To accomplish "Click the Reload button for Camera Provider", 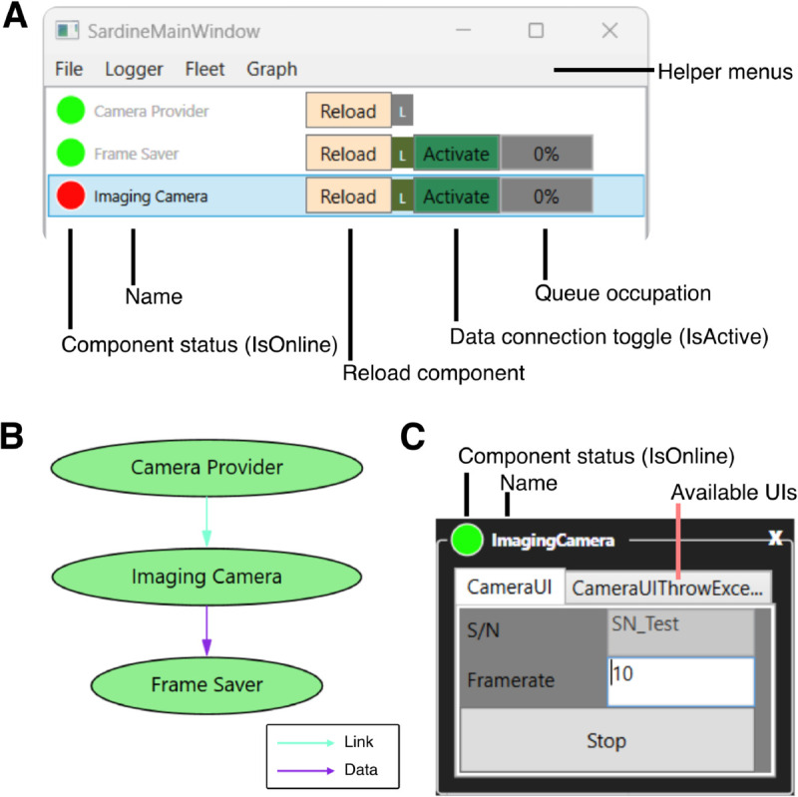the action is point(348,111).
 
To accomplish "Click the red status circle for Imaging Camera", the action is point(71,196).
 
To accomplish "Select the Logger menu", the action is point(134,69).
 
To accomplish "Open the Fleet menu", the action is point(204,69).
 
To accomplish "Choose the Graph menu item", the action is point(271,69).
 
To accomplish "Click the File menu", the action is point(69,69).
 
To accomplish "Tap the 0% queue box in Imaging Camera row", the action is point(547,197).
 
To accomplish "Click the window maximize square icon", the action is point(536,31).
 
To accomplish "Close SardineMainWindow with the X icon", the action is point(609,31).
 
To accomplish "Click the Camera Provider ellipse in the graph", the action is point(206,468).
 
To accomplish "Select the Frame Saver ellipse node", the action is point(206,685).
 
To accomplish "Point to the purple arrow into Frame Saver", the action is point(206,630).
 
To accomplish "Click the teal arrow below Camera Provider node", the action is point(206,522).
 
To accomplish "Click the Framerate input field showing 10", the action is point(681,681).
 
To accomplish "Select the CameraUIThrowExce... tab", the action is point(667,588).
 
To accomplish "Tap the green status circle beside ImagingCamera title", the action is point(467,540).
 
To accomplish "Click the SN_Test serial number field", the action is point(681,631).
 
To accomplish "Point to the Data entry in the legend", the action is point(327,769).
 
